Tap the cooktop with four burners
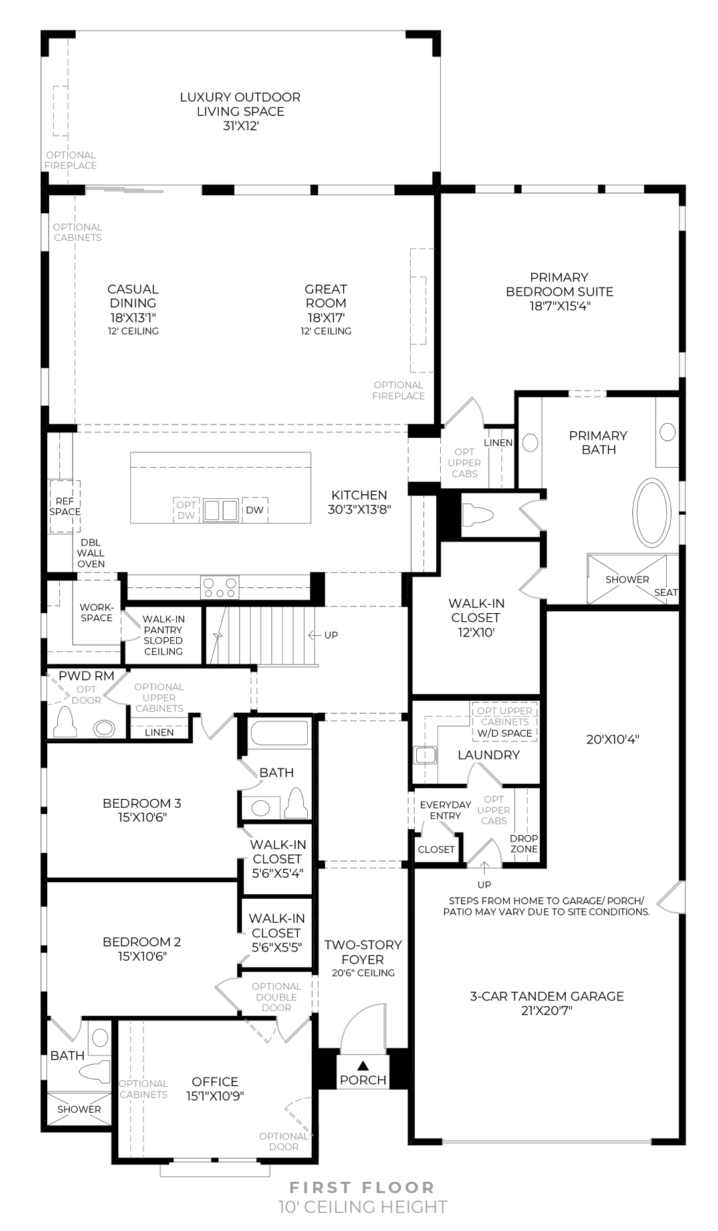click(x=219, y=587)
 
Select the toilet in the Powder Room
click(x=65, y=721)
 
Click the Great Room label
click(x=326, y=296)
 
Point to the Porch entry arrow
click(x=362, y=1066)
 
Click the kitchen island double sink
click(x=221, y=510)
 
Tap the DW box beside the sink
click(x=255, y=510)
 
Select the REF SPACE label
click(x=64, y=506)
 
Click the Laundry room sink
click(x=425, y=755)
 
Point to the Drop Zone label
click(x=524, y=844)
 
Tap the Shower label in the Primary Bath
click(x=627, y=579)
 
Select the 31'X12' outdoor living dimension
click(x=240, y=126)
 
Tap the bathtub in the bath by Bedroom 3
click(x=279, y=735)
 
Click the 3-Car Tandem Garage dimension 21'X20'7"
click(x=547, y=1011)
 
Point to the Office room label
click(x=215, y=1082)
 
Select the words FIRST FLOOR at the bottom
click(x=362, y=1186)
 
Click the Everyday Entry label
click(x=445, y=810)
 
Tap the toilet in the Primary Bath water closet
click(x=480, y=516)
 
